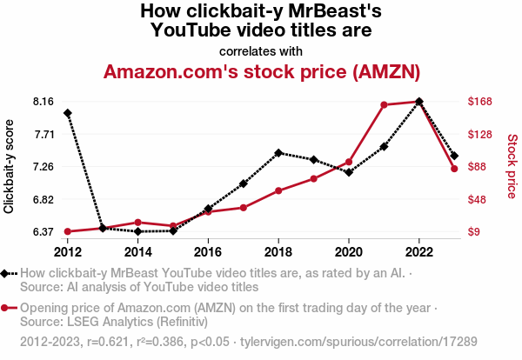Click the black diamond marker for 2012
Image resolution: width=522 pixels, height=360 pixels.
coord(68,113)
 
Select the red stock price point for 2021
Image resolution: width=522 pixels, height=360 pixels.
coord(384,105)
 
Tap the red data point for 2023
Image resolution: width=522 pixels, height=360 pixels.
coord(454,169)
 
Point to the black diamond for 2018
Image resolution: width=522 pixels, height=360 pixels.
coord(278,153)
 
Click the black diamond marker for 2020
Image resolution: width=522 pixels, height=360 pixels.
coord(349,172)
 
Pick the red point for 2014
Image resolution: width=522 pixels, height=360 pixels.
coord(138,223)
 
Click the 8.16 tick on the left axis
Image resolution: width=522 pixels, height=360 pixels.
coord(43,102)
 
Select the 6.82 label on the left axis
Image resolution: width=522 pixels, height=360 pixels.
coord(43,199)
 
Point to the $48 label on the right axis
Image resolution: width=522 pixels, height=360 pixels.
coord(478,199)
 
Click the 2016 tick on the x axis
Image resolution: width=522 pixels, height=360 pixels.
coord(208,251)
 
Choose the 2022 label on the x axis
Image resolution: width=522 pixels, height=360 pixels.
coord(419,251)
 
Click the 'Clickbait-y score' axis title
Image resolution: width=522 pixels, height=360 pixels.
coord(10,166)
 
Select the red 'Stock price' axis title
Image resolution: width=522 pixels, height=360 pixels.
coord(512,164)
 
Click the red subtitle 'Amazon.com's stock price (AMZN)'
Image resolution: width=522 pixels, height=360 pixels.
coord(262,71)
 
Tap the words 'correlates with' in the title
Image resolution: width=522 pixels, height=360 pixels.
coord(261,50)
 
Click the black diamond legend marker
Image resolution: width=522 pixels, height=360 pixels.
coord(6,273)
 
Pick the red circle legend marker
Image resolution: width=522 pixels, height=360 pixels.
coord(6,308)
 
